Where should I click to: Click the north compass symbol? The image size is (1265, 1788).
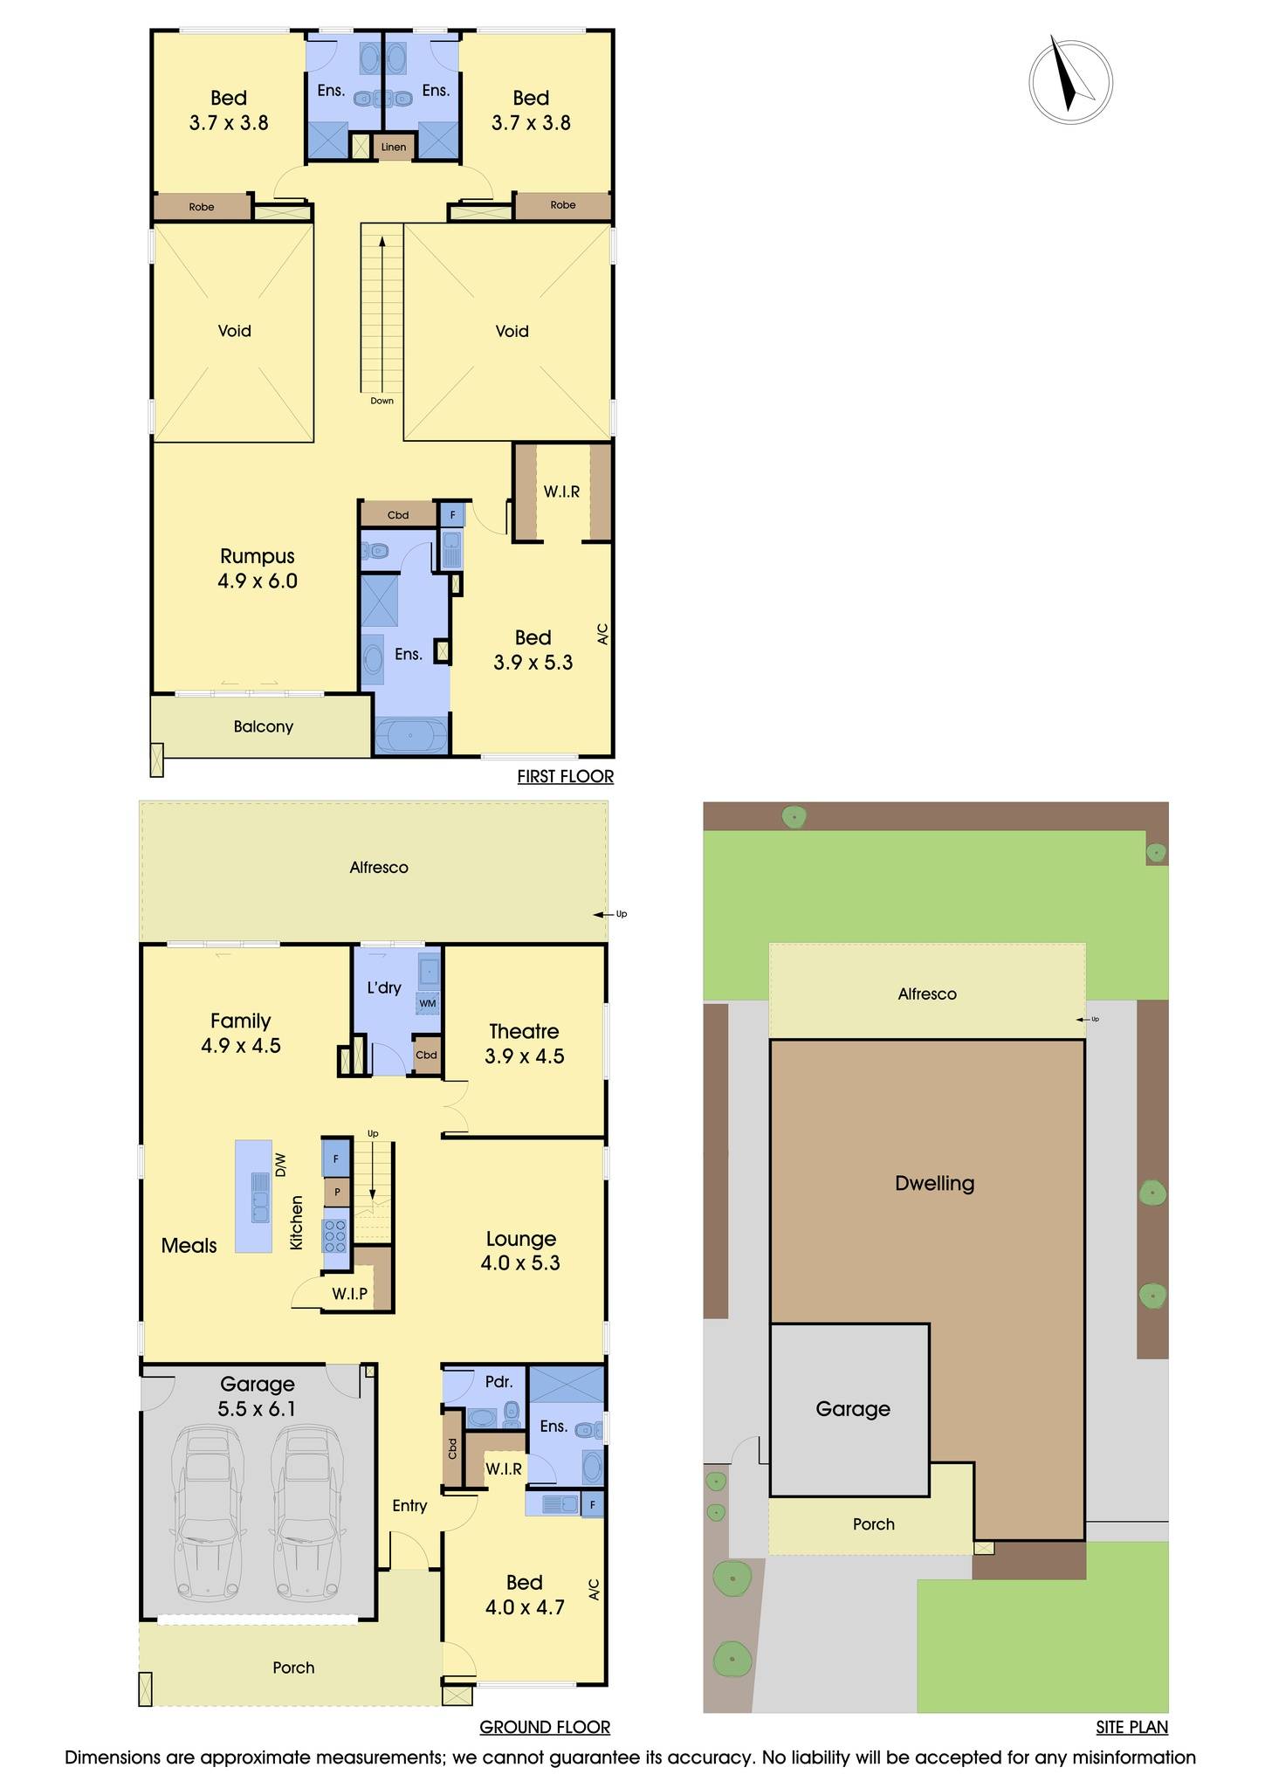1070,81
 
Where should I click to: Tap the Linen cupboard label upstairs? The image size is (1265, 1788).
394,147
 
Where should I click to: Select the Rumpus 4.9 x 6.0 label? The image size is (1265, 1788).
258,568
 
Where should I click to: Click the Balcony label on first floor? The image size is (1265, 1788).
263,726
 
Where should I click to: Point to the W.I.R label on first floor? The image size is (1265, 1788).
561,492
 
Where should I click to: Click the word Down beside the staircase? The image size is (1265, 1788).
382,401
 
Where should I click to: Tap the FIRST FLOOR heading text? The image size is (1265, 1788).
565,776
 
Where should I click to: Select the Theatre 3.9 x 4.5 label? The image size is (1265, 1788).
524,1043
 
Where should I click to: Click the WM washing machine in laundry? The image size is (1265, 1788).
428,1003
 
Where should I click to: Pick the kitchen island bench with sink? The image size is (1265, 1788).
253,1196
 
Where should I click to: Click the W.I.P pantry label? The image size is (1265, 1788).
349,1293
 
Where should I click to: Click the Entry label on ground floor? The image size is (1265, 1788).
409,1505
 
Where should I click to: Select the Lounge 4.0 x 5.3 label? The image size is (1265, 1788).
521,1250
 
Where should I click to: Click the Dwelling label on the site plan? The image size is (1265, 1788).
934,1183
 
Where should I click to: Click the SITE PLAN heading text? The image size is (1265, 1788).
1131,1726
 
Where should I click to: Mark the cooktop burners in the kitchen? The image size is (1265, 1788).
335,1236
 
